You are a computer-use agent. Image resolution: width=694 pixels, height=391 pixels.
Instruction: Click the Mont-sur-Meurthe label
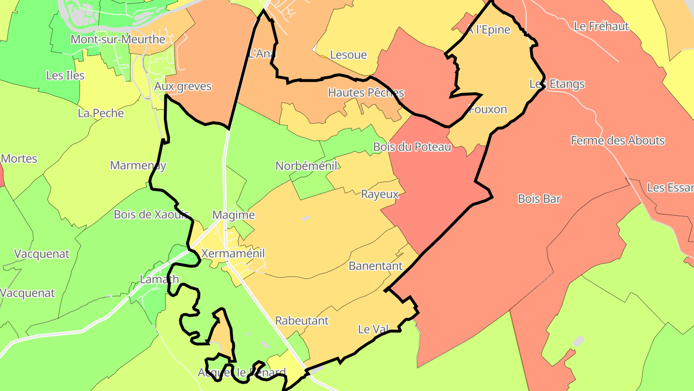(x=118, y=39)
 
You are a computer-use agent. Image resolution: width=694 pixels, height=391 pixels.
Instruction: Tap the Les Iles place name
(x=65, y=75)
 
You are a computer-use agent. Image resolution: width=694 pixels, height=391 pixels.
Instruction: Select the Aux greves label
(x=183, y=86)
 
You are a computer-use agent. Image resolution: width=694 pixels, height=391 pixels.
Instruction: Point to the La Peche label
(x=101, y=113)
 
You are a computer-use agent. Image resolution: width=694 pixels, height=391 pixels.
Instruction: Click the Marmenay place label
(x=138, y=166)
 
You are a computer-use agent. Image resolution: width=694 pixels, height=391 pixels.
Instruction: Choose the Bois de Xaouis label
(x=151, y=214)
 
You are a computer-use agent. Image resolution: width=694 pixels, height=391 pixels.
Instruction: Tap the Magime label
(x=233, y=215)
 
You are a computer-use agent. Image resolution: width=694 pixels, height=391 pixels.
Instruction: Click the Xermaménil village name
(x=233, y=253)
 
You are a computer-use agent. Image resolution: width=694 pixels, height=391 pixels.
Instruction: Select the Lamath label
(x=159, y=279)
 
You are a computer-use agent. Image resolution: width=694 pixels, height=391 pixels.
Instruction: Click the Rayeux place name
(x=380, y=194)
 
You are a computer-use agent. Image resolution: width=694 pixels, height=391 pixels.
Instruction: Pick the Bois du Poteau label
(x=412, y=147)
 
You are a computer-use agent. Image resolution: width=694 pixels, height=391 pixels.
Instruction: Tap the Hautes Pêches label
(x=366, y=93)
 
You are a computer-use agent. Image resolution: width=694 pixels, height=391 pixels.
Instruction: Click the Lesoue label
(x=348, y=55)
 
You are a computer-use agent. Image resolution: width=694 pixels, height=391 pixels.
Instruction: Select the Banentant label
(x=375, y=266)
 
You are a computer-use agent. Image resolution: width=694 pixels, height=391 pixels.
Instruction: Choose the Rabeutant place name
(x=302, y=321)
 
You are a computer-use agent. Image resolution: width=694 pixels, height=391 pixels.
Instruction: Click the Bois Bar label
(x=540, y=198)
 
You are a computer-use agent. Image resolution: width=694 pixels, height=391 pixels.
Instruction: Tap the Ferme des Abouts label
(x=617, y=140)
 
